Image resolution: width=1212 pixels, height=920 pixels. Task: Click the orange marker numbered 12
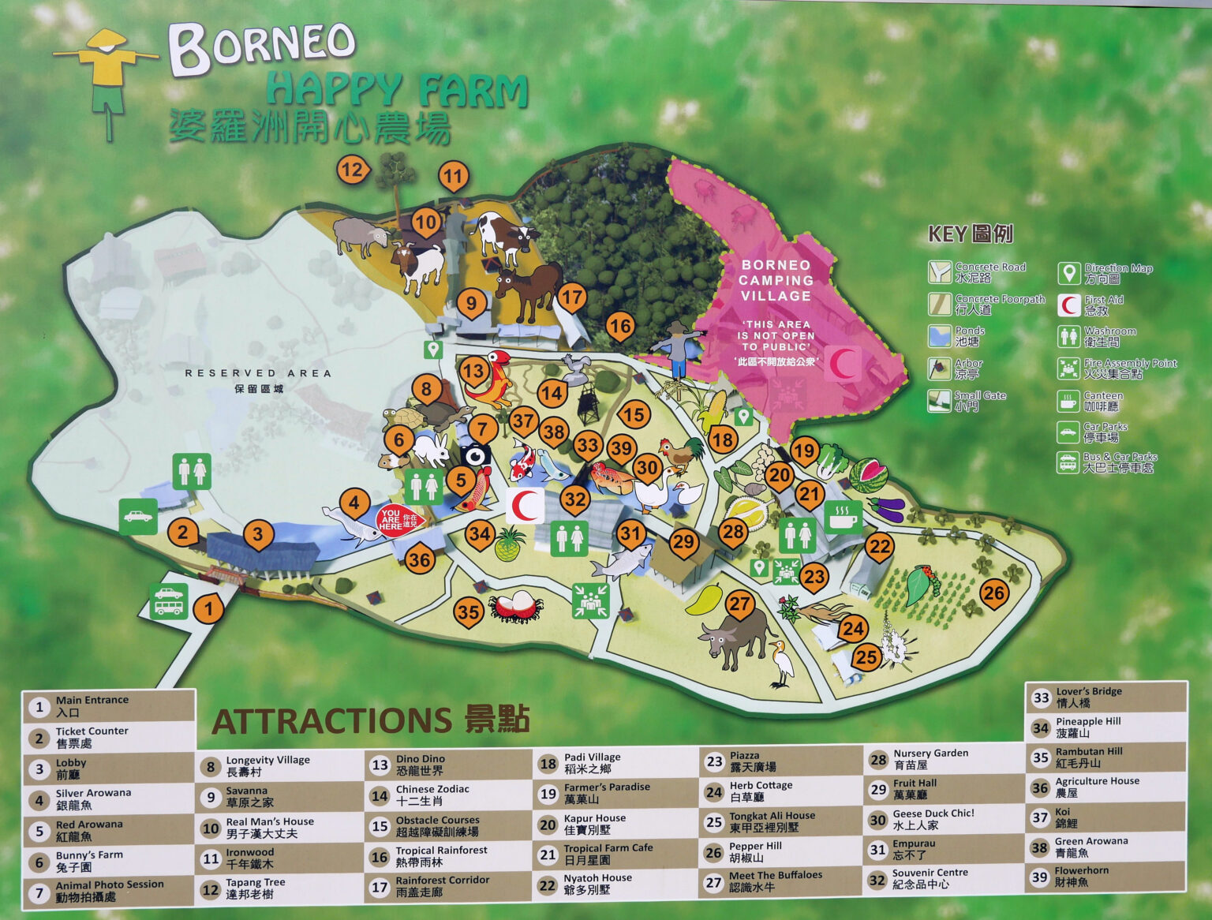[x=352, y=169]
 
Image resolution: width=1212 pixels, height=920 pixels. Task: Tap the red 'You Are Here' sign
[x=401, y=520]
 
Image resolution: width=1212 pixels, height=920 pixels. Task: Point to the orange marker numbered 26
[x=993, y=593]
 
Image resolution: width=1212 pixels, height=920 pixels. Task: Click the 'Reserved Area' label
[x=258, y=373]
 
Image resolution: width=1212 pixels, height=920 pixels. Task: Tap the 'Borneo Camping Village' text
[x=775, y=280]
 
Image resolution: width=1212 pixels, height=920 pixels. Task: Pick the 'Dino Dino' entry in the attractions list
[x=420, y=765]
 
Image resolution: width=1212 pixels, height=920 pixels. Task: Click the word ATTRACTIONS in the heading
[x=331, y=720]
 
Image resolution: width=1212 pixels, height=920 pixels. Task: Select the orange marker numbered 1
[x=208, y=608]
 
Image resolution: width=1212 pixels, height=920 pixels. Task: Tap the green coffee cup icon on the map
[x=843, y=516]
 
